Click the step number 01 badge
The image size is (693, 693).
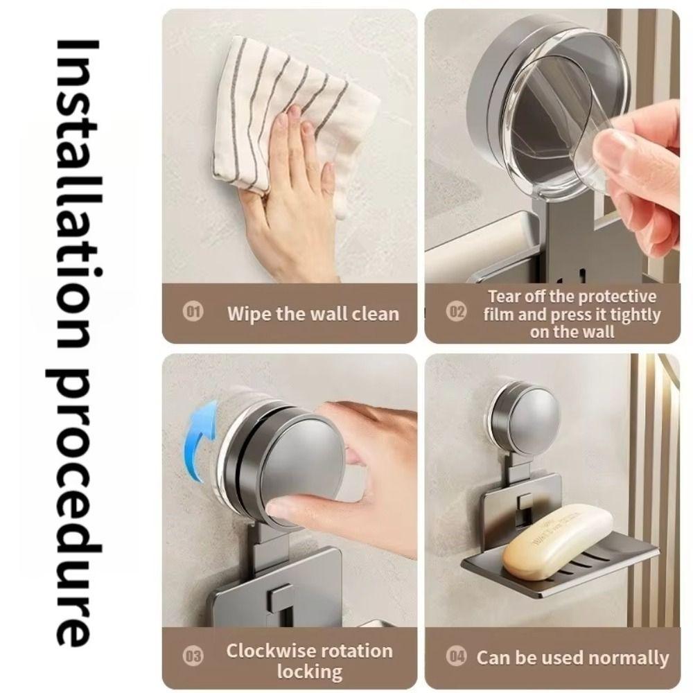click(x=193, y=313)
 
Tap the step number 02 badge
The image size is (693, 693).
click(x=456, y=313)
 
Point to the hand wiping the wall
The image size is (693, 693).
click(x=291, y=208)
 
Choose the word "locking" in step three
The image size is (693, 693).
click(x=309, y=672)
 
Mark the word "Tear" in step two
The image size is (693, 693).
click(x=505, y=297)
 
